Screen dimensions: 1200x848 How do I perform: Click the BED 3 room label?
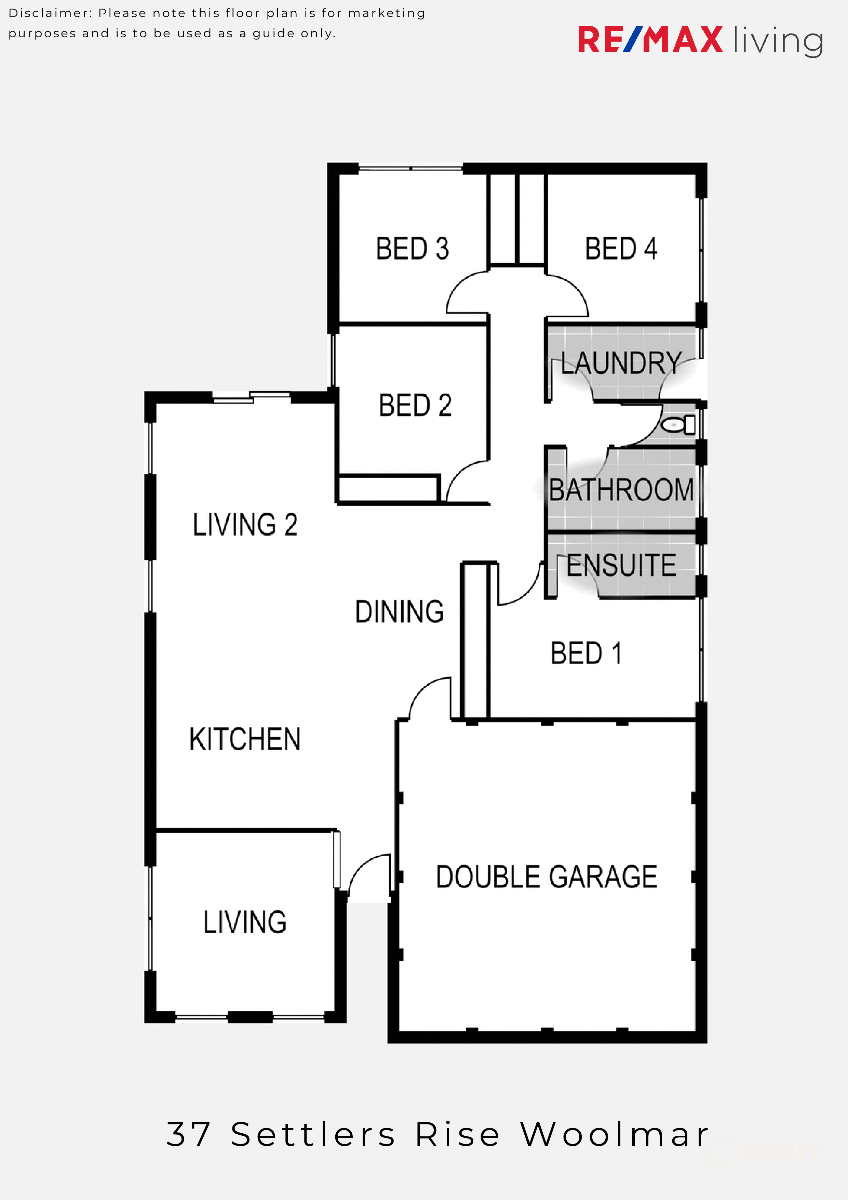412,249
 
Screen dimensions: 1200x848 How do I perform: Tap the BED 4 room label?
621,249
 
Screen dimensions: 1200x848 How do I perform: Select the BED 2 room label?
415,406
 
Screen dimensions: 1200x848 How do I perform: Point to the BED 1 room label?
586,653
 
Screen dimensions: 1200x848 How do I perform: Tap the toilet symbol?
679,424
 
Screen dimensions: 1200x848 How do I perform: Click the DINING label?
399,611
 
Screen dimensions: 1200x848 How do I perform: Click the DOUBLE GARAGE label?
547,877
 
